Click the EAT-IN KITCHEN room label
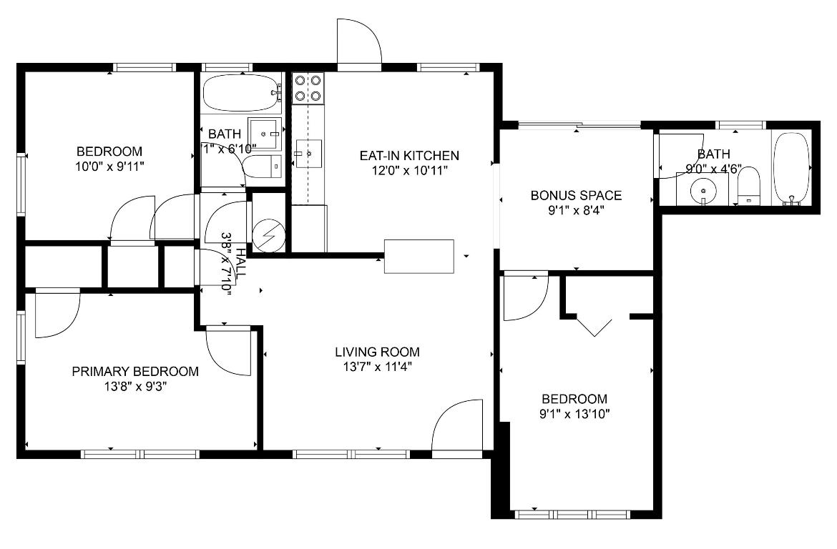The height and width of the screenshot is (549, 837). (x=408, y=155)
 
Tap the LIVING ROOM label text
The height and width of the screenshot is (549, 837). (x=377, y=352)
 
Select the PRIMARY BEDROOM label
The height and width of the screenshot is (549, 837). (x=135, y=371)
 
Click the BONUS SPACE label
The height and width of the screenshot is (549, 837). (x=576, y=195)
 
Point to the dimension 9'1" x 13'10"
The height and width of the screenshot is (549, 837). (x=574, y=413)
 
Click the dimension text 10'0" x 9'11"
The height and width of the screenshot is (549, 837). (x=109, y=166)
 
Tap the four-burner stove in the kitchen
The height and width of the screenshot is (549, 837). (x=308, y=87)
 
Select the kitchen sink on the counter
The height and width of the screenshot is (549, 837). (x=309, y=153)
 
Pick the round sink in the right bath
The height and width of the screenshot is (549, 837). (x=705, y=190)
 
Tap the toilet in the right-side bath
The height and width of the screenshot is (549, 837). (x=748, y=187)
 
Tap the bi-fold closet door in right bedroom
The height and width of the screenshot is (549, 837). (x=594, y=326)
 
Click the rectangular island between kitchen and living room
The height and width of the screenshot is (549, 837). (x=419, y=256)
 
